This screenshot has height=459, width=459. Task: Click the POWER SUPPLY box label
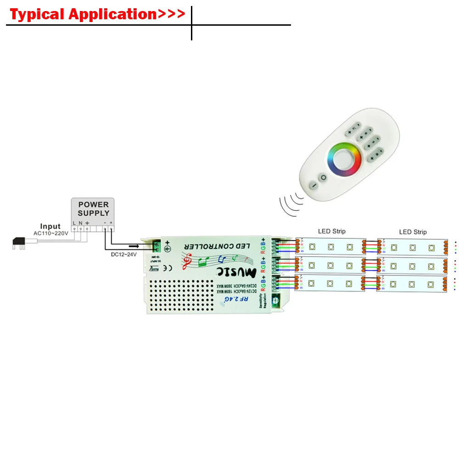pyautogui.click(x=93, y=208)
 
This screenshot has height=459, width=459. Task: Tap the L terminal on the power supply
pyautogui.click(x=74, y=228)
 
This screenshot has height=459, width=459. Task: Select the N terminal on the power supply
pyautogui.click(x=80, y=228)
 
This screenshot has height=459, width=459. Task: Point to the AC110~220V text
pyautogui.click(x=50, y=233)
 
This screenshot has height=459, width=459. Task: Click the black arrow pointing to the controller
pyautogui.click(x=134, y=246)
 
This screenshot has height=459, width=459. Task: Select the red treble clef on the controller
pyautogui.click(x=187, y=262)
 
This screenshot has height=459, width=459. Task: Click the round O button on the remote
pyautogui.click(x=323, y=177)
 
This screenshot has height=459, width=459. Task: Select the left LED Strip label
pyautogui.click(x=331, y=231)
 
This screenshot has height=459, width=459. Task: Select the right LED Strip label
pyautogui.click(x=413, y=232)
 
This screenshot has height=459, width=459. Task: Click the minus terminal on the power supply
pyautogui.click(x=105, y=228)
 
